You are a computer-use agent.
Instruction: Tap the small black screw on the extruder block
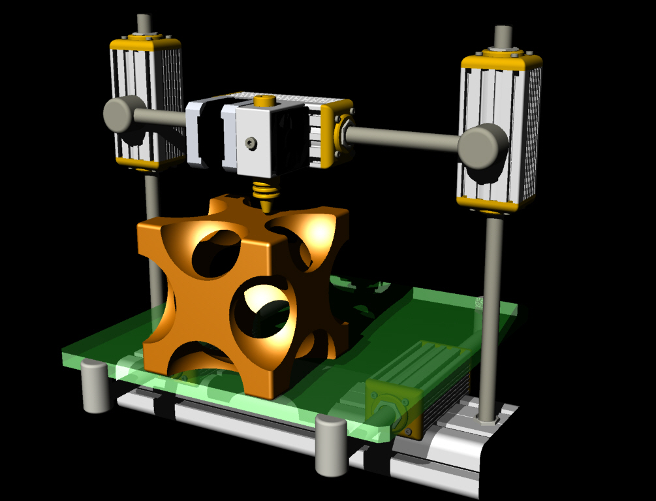point(252,142)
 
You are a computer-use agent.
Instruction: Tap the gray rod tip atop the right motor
point(503,37)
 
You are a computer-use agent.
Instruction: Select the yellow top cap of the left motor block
point(145,44)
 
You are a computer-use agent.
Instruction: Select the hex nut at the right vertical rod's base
point(487,418)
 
